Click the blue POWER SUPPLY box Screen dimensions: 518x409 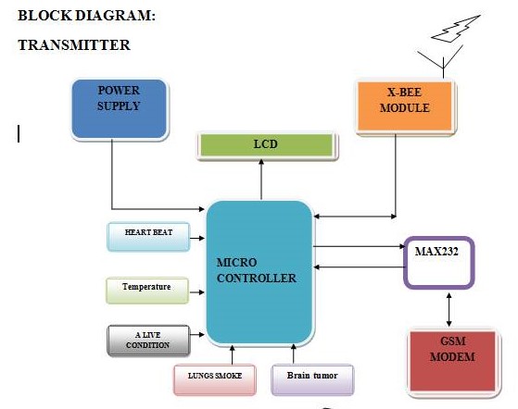(x=120, y=109)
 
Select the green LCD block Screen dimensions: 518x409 (x=267, y=144)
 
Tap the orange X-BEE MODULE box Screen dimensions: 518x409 (x=405, y=106)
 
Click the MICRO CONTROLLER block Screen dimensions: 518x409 (x=259, y=272)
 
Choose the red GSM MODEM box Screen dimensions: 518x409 (x=452, y=361)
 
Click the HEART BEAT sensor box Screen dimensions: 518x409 (x=148, y=237)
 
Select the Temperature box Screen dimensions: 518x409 (x=147, y=291)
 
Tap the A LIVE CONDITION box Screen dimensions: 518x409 (x=148, y=341)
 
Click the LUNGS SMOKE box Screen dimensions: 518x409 (x=215, y=379)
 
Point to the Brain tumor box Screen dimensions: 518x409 (x=312, y=379)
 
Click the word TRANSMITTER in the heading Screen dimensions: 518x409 (x=74, y=45)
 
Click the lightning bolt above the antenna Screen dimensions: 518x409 (x=456, y=29)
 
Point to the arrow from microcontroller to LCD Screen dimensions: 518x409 (x=261, y=180)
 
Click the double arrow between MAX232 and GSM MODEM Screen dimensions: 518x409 (x=449, y=309)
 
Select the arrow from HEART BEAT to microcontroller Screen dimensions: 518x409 (x=197, y=238)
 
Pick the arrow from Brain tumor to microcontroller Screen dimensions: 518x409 (x=294, y=353)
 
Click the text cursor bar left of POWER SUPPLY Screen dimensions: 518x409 (x=19, y=133)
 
